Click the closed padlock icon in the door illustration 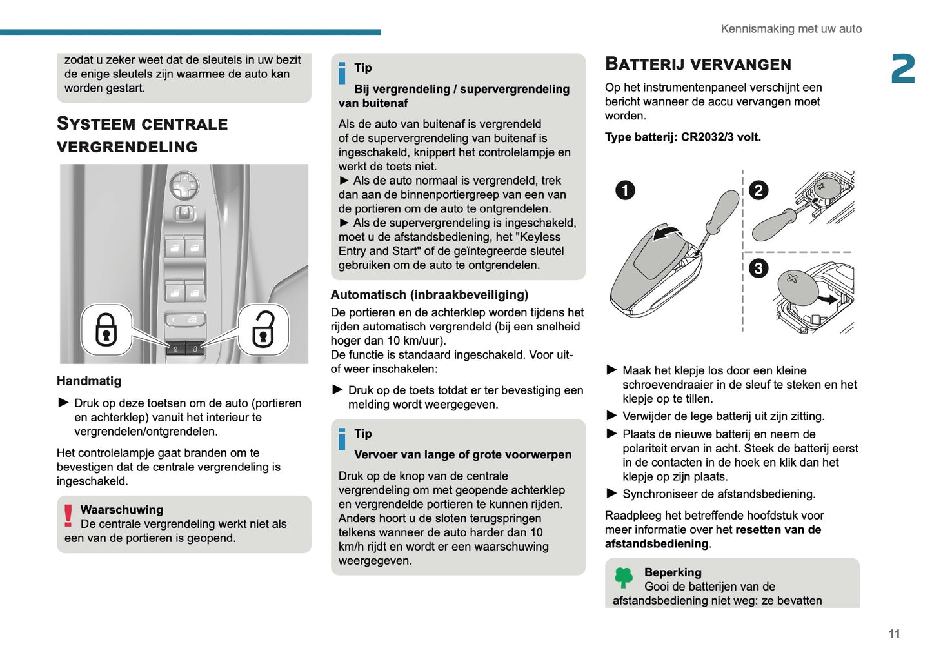[x=106, y=329]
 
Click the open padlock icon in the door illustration [x=263, y=329]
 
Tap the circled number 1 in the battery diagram [x=625, y=190]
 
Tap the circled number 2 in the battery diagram [x=758, y=190]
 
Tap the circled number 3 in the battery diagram [x=758, y=268]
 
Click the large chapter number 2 [x=903, y=68]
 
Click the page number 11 [x=894, y=634]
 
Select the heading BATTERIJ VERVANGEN [x=698, y=64]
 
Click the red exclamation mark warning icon [x=68, y=516]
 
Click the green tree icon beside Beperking [x=624, y=576]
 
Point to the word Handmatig [x=89, y=381]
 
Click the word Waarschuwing [x=122, y=510]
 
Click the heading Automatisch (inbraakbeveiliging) [x=430, y=295]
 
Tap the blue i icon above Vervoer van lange [x=342, y=439]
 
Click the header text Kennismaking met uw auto [x=791, y=28]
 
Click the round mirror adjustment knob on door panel [x=184, y=187]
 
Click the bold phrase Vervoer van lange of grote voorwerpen [x=462, y=454]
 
